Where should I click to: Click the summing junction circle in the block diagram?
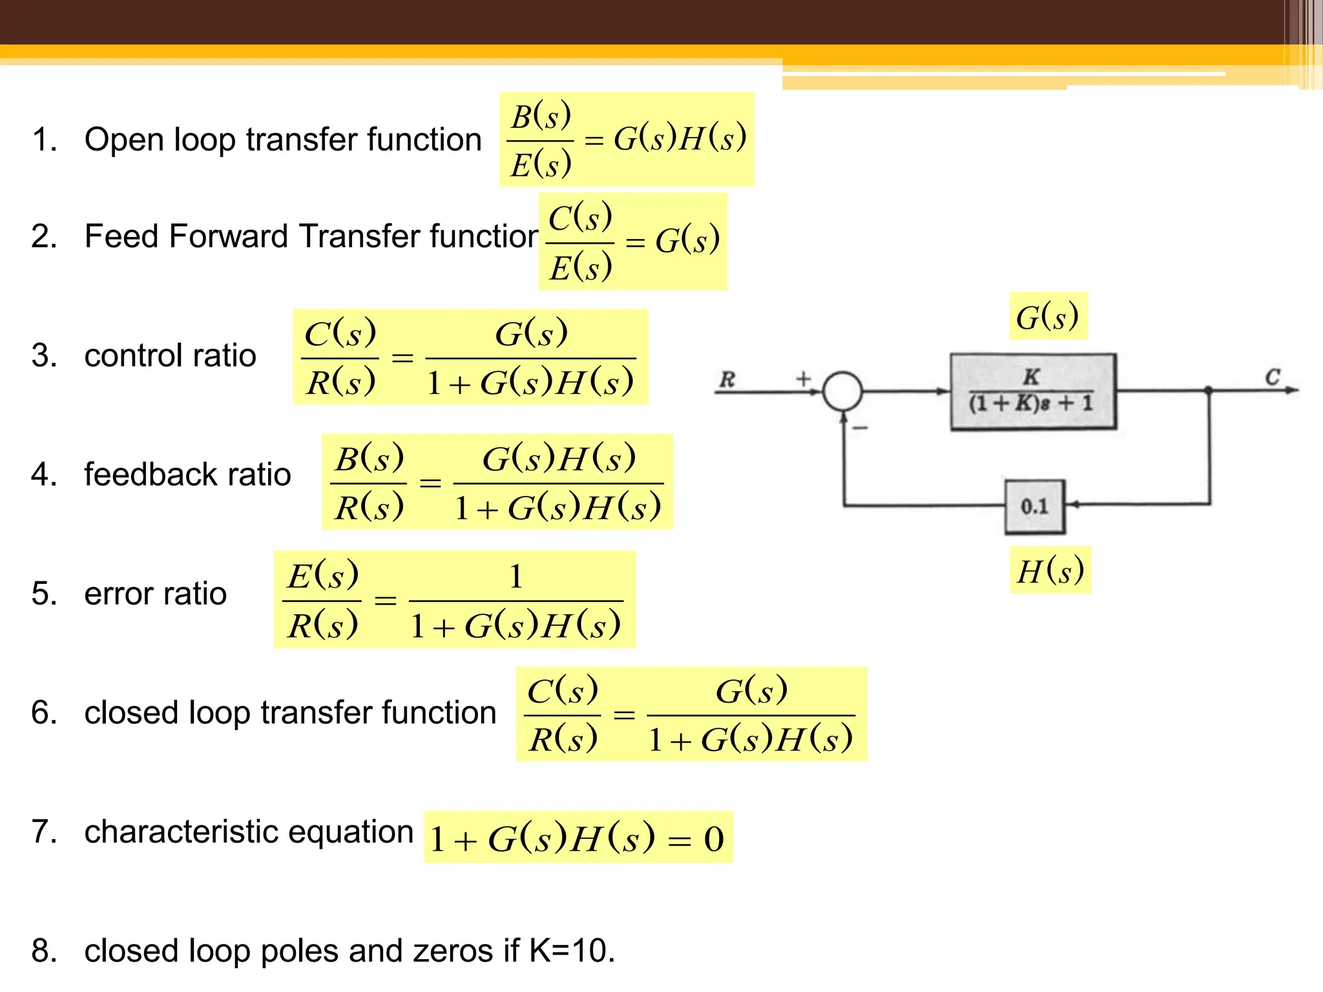pyautogui.click(x=842, y=391)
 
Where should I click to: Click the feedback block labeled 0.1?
pyautogui.click(x=1034, y=506)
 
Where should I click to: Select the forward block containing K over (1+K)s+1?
pyautogui.click(x=1032, y=391)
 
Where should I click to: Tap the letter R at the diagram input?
pyautogui.click(x=727, y=379)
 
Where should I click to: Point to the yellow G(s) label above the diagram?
pyautogui.click(x=1048, y=316)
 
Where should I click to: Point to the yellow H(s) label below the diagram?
pyautogui.click(x=1050, y=570)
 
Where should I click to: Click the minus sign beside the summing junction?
pyautogui.click(x=860, y=428)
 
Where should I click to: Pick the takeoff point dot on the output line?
pyautogui.click(x=1209, y=390)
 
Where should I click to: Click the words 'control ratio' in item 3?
pyautogui.click(x=170, y=355)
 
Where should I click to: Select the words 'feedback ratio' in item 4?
pyautogui.click(x=187, y=474)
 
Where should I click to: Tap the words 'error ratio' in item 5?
pyautogui.click(x=155, y=594)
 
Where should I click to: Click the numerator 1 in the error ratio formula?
pyautogui.click(x=516, y=576)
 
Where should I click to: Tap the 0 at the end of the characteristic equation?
pyautogui.click(x=713, y=840)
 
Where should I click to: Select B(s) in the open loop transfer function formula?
pyautogui.click(x=541, y=117)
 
